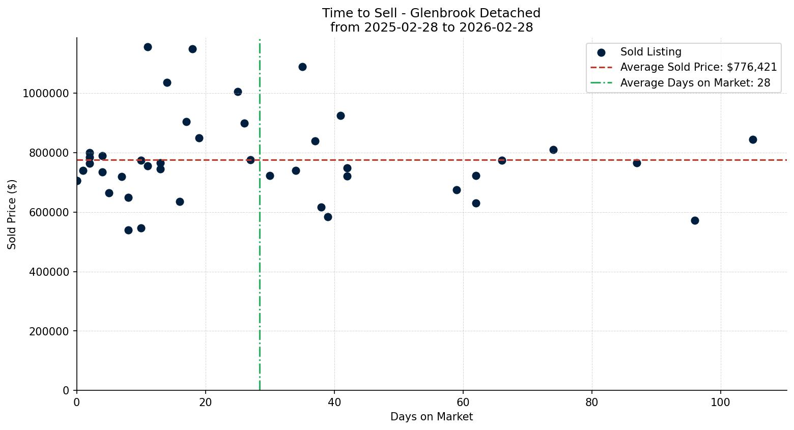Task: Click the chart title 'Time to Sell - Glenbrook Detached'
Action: click(431, 13)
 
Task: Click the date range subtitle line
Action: click(431, 27)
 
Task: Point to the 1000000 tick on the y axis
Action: click(46, 94)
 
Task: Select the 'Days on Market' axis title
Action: click(431, 417)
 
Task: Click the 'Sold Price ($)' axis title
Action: click(12, 214)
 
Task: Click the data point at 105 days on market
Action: click(753, 139)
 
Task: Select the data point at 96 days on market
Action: click(695, 220)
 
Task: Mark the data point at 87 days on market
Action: click(637, 163)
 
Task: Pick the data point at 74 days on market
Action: click(553, 150)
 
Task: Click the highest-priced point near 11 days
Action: click(148, 47)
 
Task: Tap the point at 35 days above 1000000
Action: click(302, 67)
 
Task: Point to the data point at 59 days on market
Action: click(457, 190)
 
